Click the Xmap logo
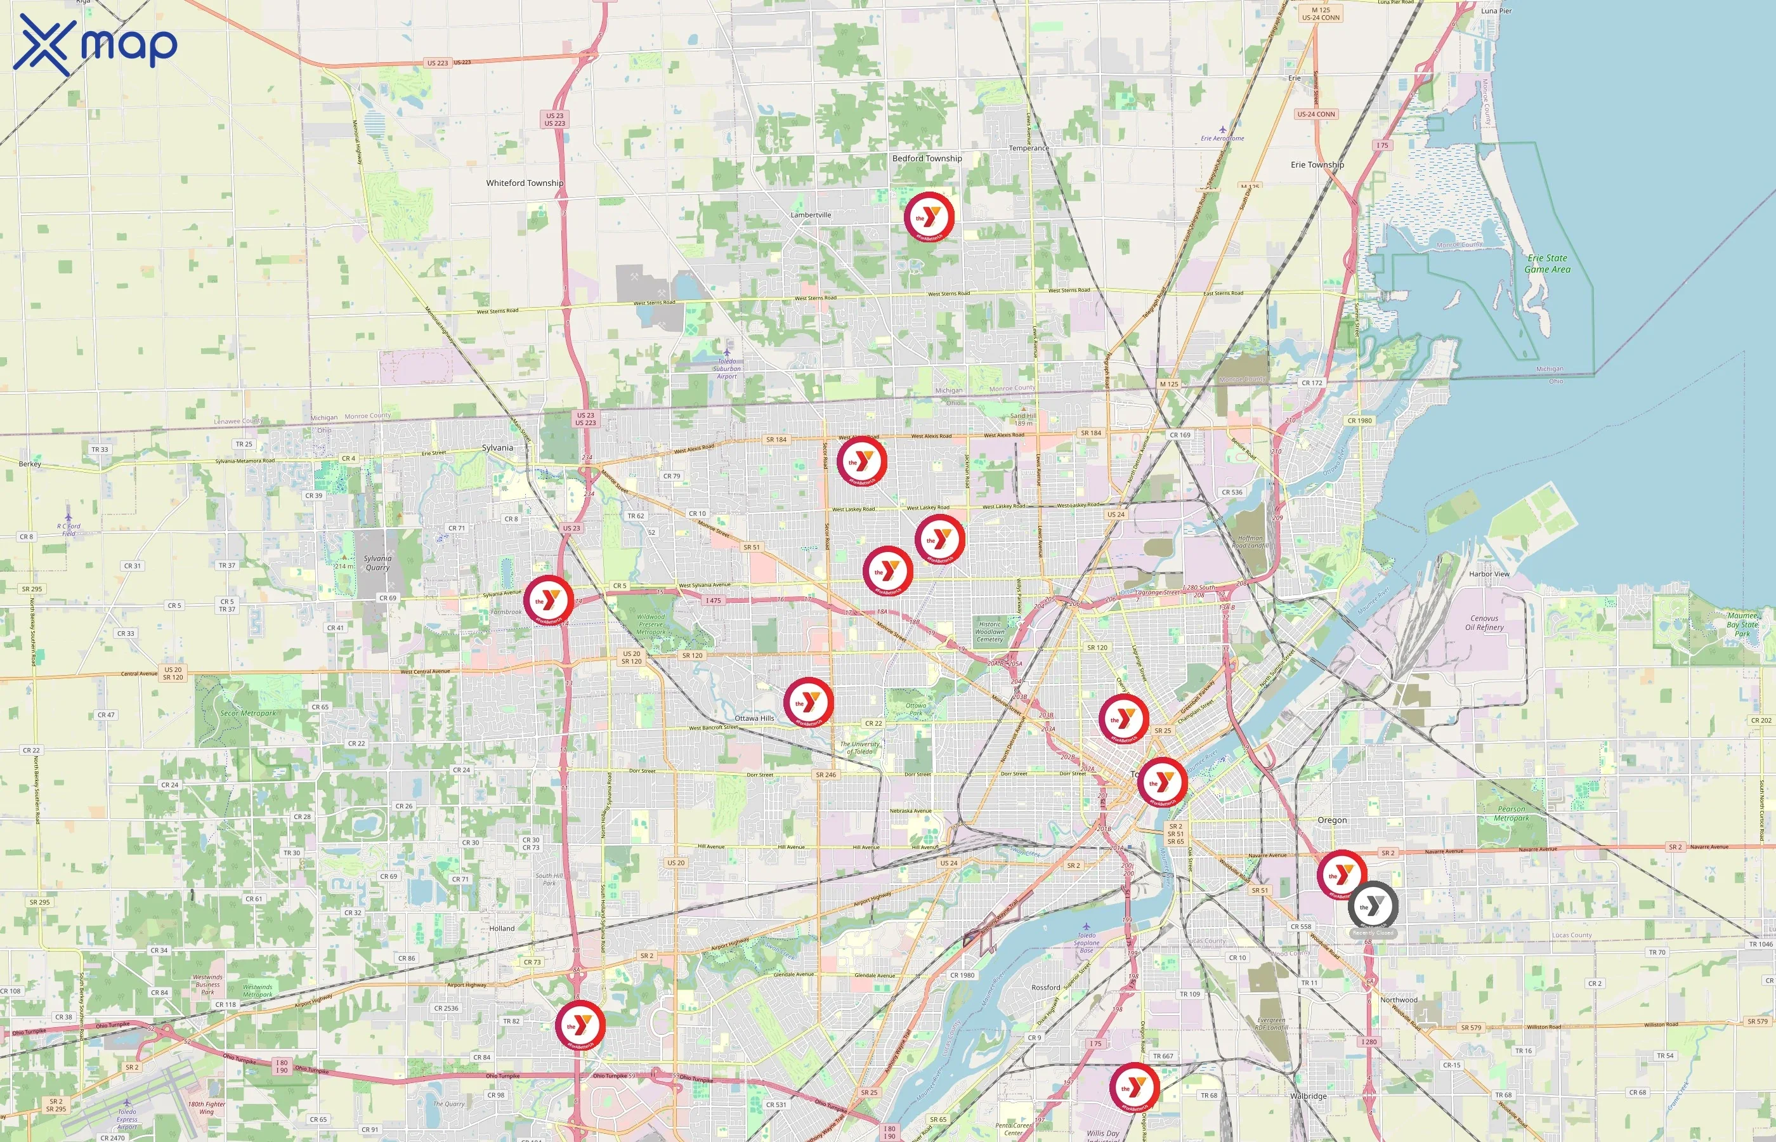click(95, 44)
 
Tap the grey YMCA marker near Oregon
click(1373, 905)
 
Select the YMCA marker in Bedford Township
click(928, 216)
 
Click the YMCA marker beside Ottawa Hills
click(808, 702)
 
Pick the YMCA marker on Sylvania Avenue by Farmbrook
click(549, 600)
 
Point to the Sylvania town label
click(497, 448)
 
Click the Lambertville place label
click(810, 215)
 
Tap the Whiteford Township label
click(524, 183)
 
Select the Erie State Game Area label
click(1546, 264)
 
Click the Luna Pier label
click(1496, 11)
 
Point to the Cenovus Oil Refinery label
click(1484, 623)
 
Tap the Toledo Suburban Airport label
click(726, 369)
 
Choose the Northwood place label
click(1398, 1000)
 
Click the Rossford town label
click(1045, 988)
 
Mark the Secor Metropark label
click(247, 713)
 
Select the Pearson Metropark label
click(1511, 813)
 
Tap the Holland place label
click(502, 928)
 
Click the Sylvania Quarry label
click(377, 563)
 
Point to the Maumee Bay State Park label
click(1742, 624)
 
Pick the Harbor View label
click(1489, 574)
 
